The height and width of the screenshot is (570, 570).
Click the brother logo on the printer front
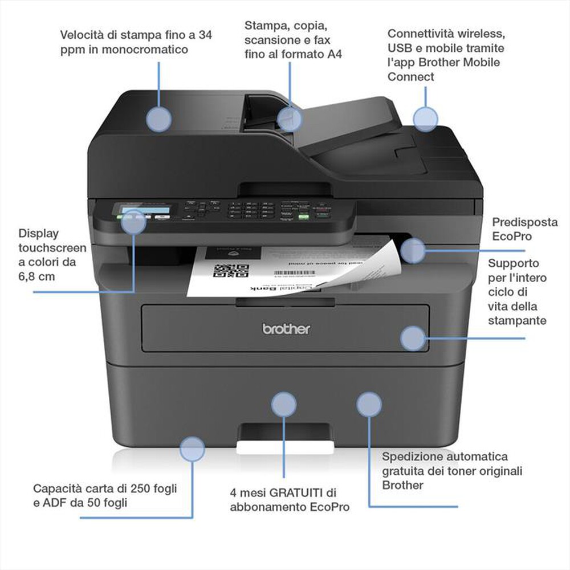click(286, 329)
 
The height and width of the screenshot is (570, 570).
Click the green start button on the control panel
click(304, 216)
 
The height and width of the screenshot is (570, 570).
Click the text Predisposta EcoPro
click(516, 229)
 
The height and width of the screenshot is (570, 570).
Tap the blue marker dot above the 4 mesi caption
click(283, 404)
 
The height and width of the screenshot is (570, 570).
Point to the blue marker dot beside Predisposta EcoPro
click(413, 251)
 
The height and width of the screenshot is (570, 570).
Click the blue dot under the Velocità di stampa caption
click(158, 120)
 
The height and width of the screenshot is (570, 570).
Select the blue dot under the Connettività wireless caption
click(425, 120)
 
